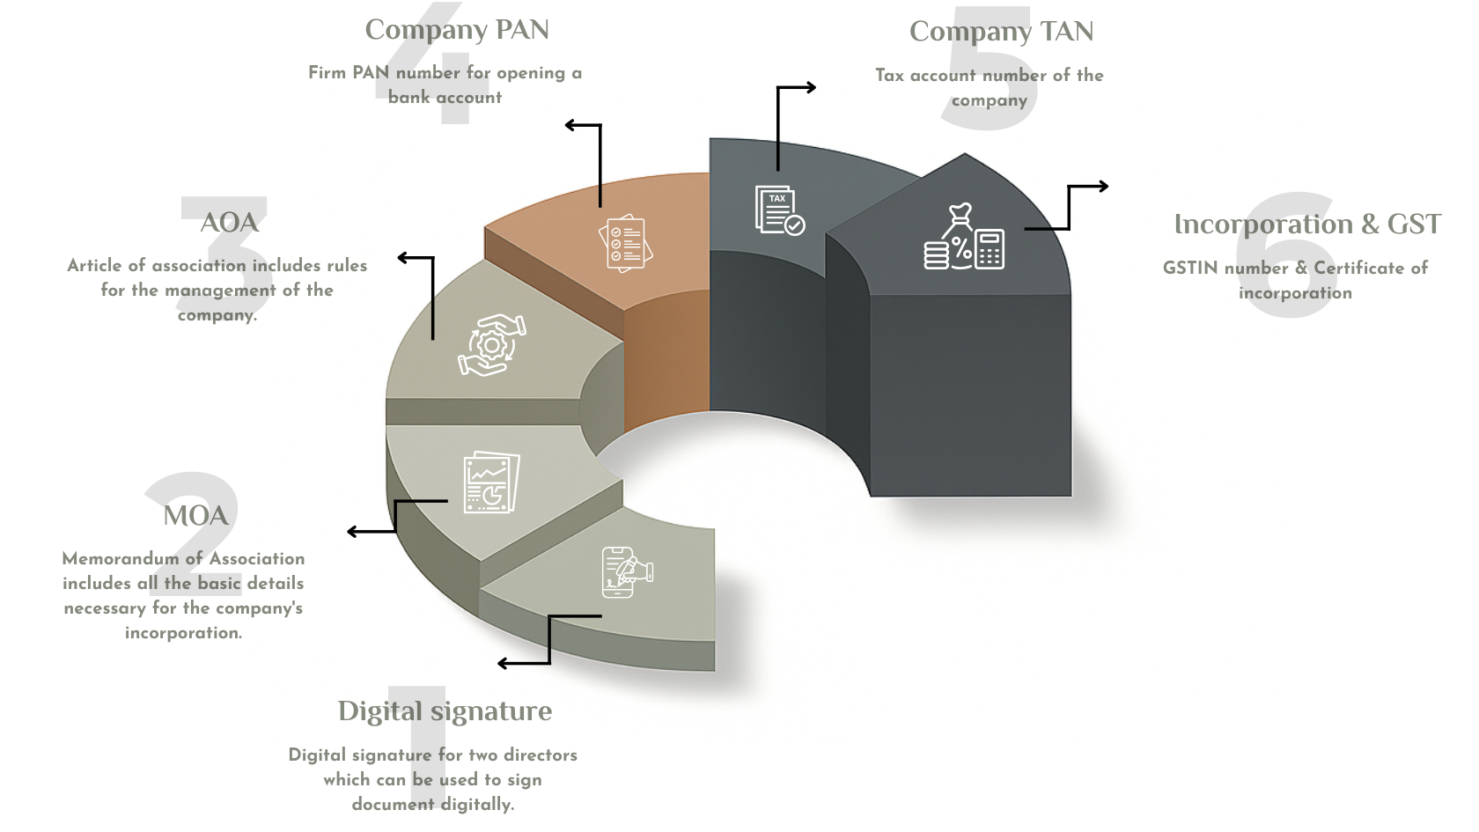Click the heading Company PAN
[x=457, y=30]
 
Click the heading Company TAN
[x=1001, y=32]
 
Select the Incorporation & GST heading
[x=1307, y=225]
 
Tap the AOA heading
[x=229, y=223]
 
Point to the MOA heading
[x=195, y=516]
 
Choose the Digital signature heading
[x=445, y=711]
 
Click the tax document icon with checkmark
[x=779, y=210]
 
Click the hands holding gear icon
[x=491, y=345]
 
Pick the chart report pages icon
[x=491, y=482]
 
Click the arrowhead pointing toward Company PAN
[x=570, y=126]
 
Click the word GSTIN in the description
[x=1190, y=269]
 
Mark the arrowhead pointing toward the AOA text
[x=403, y=258]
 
